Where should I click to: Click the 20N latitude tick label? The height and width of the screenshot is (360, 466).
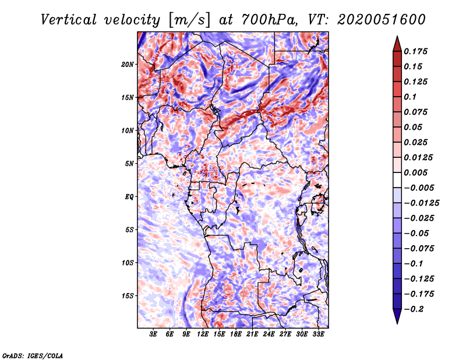pyautogui.click(x=128, y=65)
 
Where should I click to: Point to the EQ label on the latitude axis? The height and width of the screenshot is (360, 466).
pyautogui.click(x=129, y=197)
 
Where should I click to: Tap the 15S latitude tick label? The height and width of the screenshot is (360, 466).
pyautogui.click(x=128, y=296)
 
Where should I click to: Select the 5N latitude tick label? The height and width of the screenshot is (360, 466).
pyautogui.click(x=129, y=164)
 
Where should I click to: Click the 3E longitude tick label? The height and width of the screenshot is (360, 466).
pyautogui.click(x=153, y=334)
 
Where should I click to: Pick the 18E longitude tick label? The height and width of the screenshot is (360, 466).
pyautogui.click(x=236, y=334)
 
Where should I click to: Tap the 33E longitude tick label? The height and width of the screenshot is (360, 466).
pyautogui.click(x=318, y=334)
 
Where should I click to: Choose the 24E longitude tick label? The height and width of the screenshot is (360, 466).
pyautogui.click(x=269, y=334)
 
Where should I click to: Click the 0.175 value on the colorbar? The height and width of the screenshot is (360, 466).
pyautogui.click(x=415, y=51)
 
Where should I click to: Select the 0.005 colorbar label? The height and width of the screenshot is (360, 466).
pyautogui.click(x=415, y=172)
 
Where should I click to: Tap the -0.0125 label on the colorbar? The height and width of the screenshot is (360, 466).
pyautogui.click(x=421, y=203)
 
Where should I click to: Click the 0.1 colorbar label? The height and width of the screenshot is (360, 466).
pyautogui.click(x=410, y=97)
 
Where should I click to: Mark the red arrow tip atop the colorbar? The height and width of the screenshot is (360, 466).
pyautogui.click(x=397, y=37)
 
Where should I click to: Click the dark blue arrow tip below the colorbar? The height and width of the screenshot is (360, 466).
pyautogui.click(x=397, y=323)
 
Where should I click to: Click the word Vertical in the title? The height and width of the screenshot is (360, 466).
pyautogui.click(x=69, y=20)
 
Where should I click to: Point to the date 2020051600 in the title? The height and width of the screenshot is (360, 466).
pyautogui.click(x=382, y=20)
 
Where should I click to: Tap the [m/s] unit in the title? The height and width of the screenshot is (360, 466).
pyautogui.click(x=189, y=20)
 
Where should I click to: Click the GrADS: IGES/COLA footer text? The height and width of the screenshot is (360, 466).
pyautogui.click(x=33, y=356)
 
